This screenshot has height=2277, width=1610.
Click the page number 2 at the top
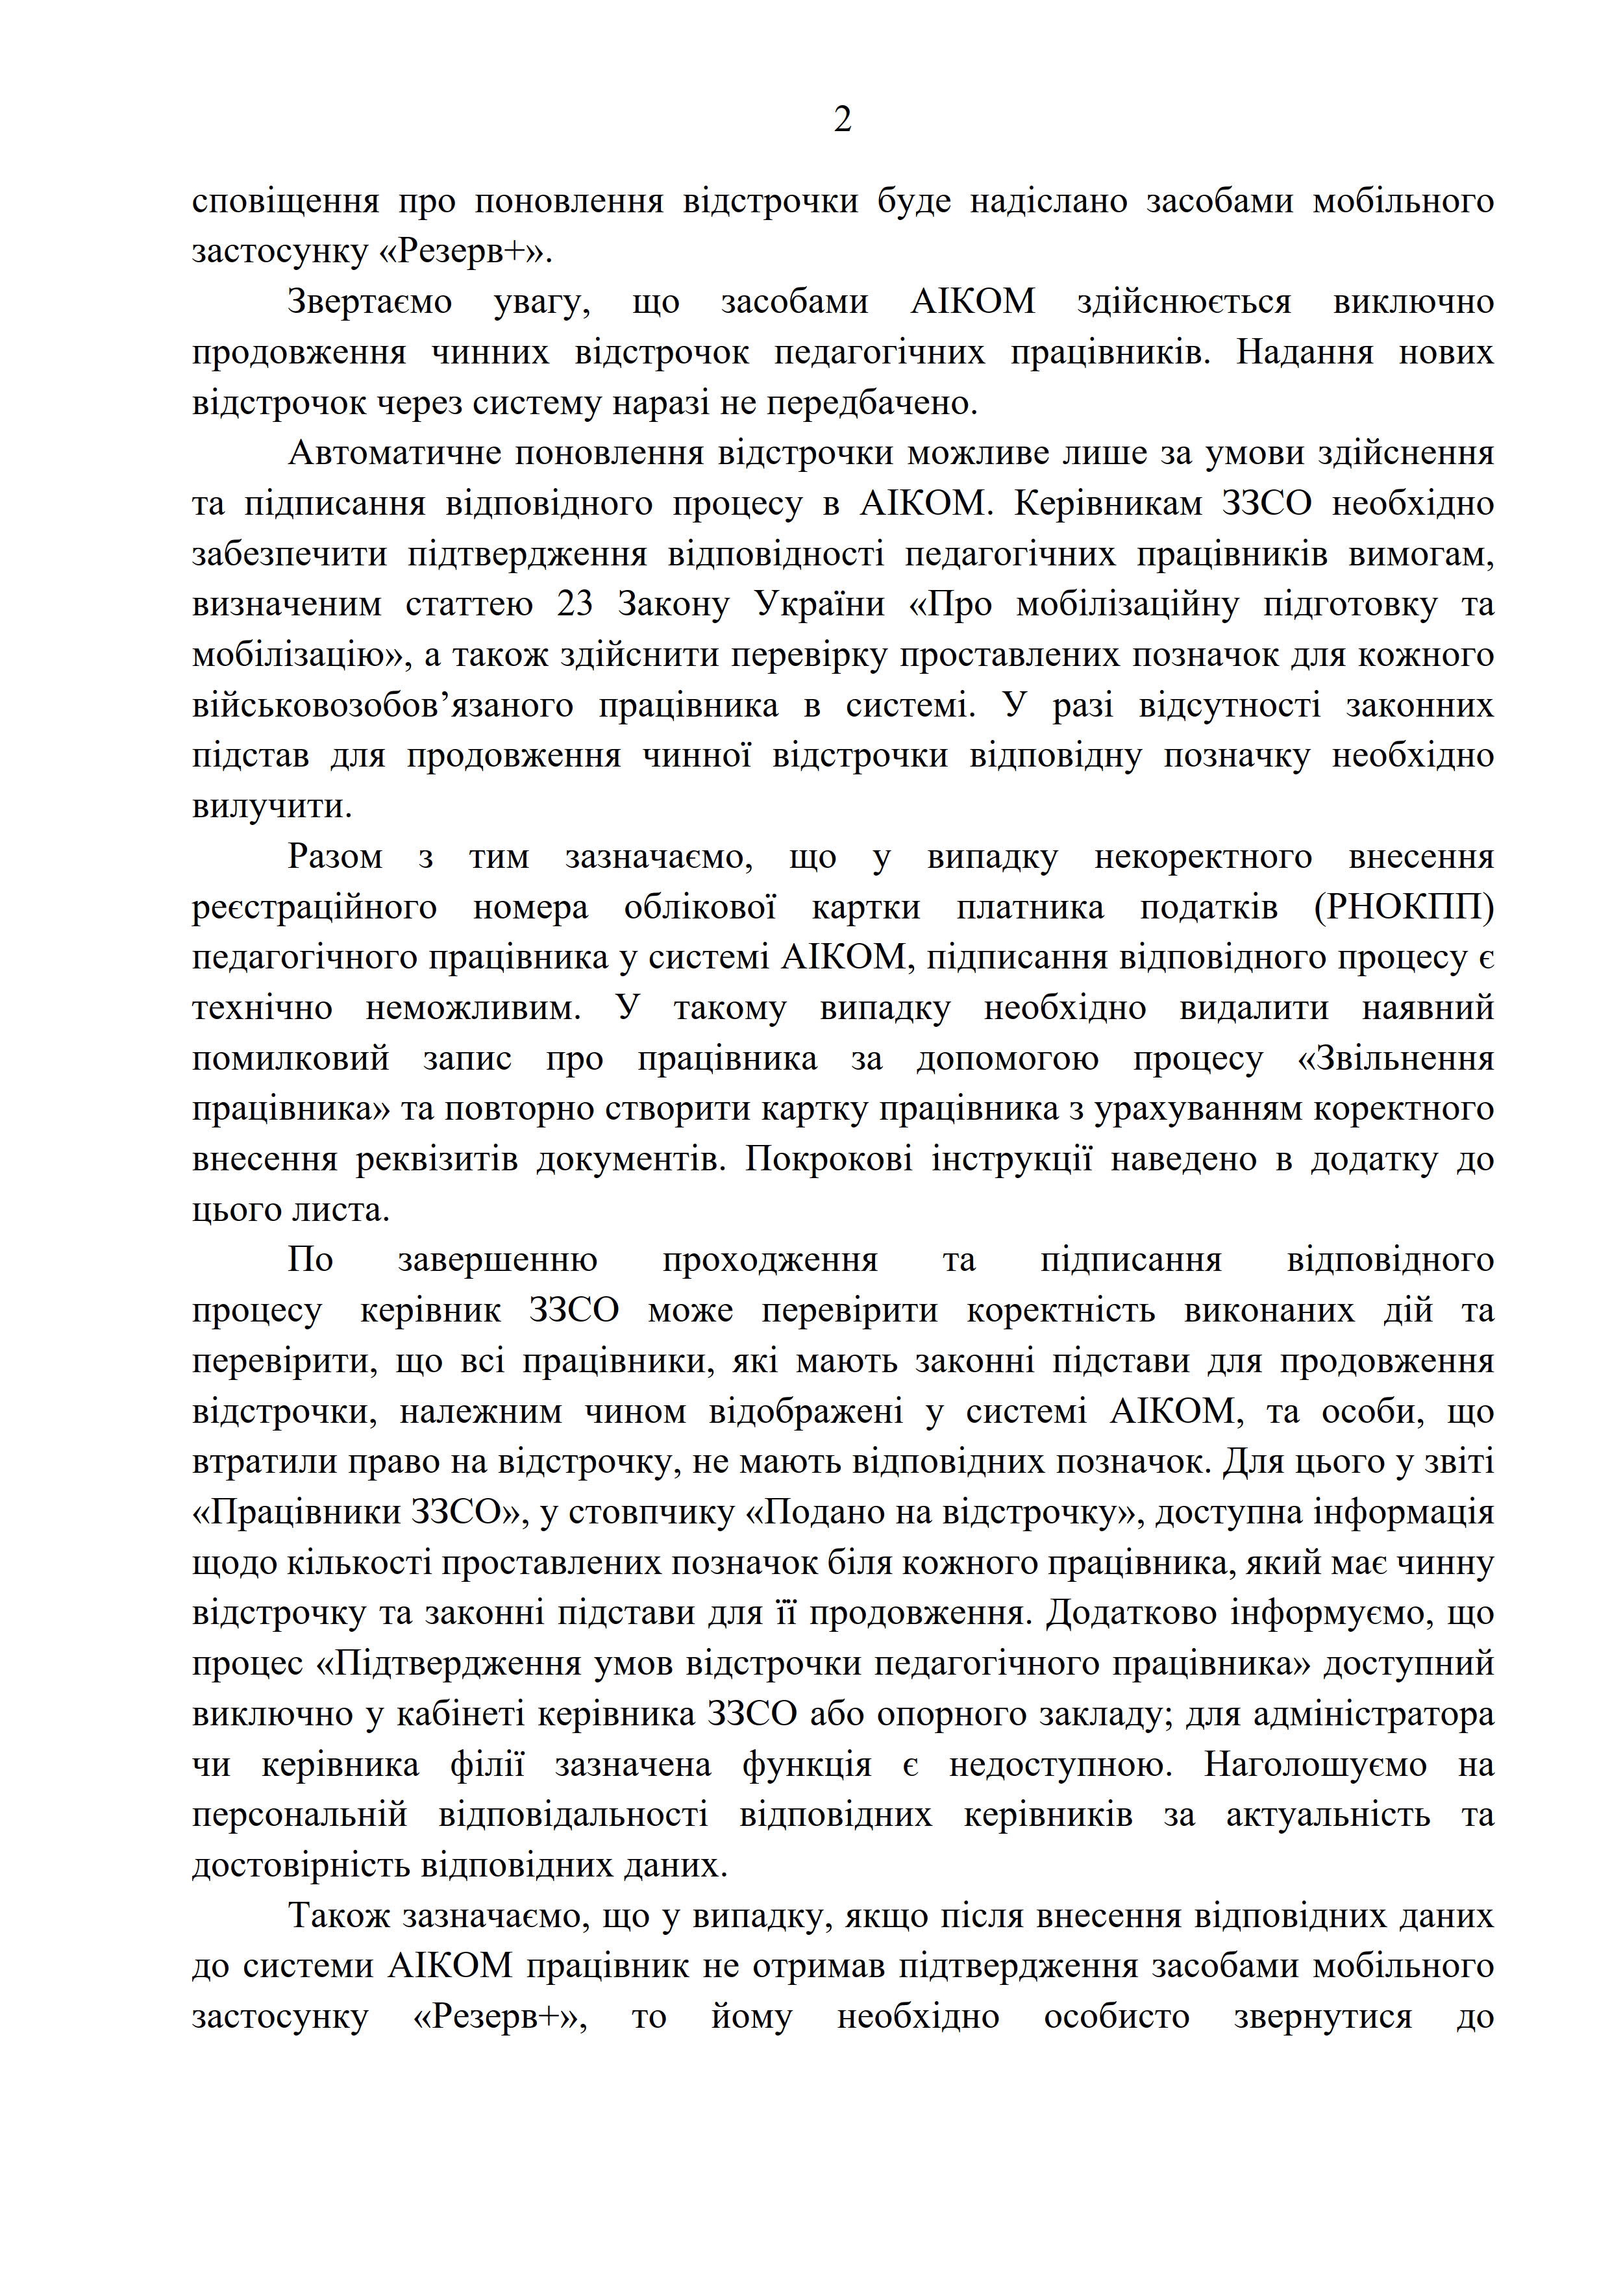[842, 121]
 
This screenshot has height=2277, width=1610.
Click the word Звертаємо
[369, 301]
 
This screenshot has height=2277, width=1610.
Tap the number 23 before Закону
[575, 605]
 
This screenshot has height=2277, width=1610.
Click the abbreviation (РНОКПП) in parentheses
[1403, 907]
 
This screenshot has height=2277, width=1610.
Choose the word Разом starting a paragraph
[334, 857]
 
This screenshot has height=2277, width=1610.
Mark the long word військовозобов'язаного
[383, 706]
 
